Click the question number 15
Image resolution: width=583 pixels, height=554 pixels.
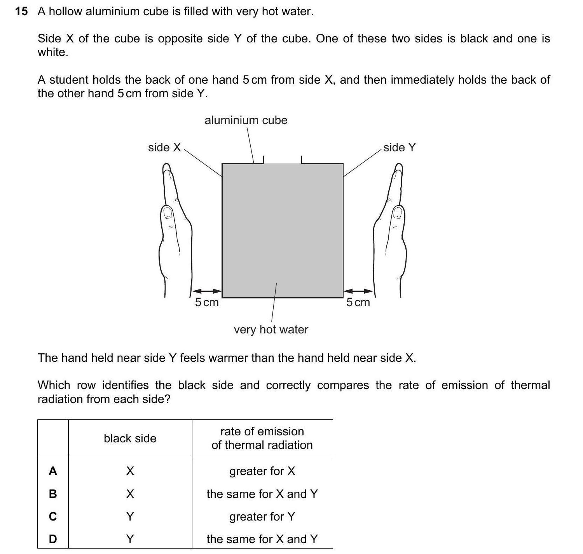tap(21, 12)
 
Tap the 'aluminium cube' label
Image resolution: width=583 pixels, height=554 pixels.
tap(246, 120)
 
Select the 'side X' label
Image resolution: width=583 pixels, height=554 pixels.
tap(164, 147)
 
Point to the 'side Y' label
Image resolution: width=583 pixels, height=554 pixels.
tap(400, 147)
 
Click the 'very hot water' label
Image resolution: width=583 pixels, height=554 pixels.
tap(271, 330)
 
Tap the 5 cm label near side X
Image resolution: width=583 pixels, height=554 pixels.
tap(207, 302)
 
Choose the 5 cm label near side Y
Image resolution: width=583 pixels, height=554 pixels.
tap(358, 302)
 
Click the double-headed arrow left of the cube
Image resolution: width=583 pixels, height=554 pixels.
tap(207, 291)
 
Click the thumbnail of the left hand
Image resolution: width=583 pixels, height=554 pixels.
tap(168, 212)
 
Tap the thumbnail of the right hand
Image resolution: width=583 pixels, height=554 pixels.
tap(397, 212)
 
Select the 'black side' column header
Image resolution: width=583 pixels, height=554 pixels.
tap(130, 438)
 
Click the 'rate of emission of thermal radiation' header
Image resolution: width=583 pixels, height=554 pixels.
tap(262, 438)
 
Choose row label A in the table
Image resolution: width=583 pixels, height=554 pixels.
tap(53, 472)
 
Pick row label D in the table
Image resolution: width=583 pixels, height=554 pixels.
tap(53, 539)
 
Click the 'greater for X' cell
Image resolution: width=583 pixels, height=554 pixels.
tap(262, 472)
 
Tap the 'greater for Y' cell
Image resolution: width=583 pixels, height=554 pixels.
tap(262, 517)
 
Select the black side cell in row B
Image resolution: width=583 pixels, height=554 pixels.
tap(130, 494)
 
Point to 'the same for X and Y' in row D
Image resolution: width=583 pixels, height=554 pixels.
tap(262, 539)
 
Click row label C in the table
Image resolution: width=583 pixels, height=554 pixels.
tap(53, 517)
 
